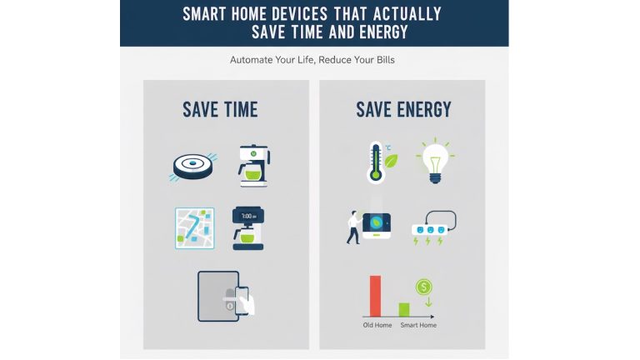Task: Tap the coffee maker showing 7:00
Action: [x=247, y=227]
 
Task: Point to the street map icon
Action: [x=195, y=228]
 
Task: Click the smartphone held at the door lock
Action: [x=242, y=300]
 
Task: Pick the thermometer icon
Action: [x=376, y=161]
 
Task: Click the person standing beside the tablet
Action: [x=353, y=227]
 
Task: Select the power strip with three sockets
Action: [x=432, y=226]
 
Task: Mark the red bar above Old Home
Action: [x=375, y=295]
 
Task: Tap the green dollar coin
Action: [x=425, y=287]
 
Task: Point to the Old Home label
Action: [x=377, y=325]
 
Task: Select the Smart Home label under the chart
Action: [x=418, y=325]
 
